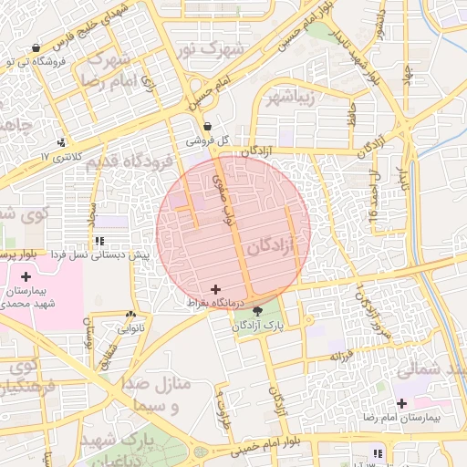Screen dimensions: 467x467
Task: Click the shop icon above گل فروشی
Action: coord(208,127)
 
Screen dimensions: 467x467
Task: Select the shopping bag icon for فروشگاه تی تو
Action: coord(36,47)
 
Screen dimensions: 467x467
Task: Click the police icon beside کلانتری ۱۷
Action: coord(61,142)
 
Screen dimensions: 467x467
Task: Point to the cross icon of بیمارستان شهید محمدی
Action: coord(26,276)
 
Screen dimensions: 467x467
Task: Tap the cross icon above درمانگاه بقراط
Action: coord(214,288)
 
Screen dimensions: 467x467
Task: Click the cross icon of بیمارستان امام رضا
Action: coord(402,403)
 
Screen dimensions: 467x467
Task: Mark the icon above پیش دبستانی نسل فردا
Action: coord(99,242)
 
